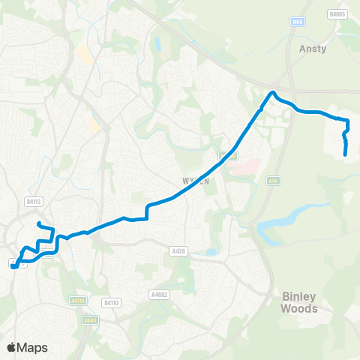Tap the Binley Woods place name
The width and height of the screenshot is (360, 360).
coord(299,302)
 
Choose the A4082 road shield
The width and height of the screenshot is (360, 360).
coord(159,294)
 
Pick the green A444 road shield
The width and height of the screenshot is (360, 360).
coord(90,320)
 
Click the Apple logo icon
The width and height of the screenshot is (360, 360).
coord(10,347)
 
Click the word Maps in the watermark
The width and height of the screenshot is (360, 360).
coord(32,347)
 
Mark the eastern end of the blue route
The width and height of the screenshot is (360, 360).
coord(345,154)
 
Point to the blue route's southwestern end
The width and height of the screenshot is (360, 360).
coord(13,265)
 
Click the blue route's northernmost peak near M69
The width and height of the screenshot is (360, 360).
coord(274,92)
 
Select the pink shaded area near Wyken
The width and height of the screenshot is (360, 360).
coord(242,167)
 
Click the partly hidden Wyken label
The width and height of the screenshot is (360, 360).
coord(193,181)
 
